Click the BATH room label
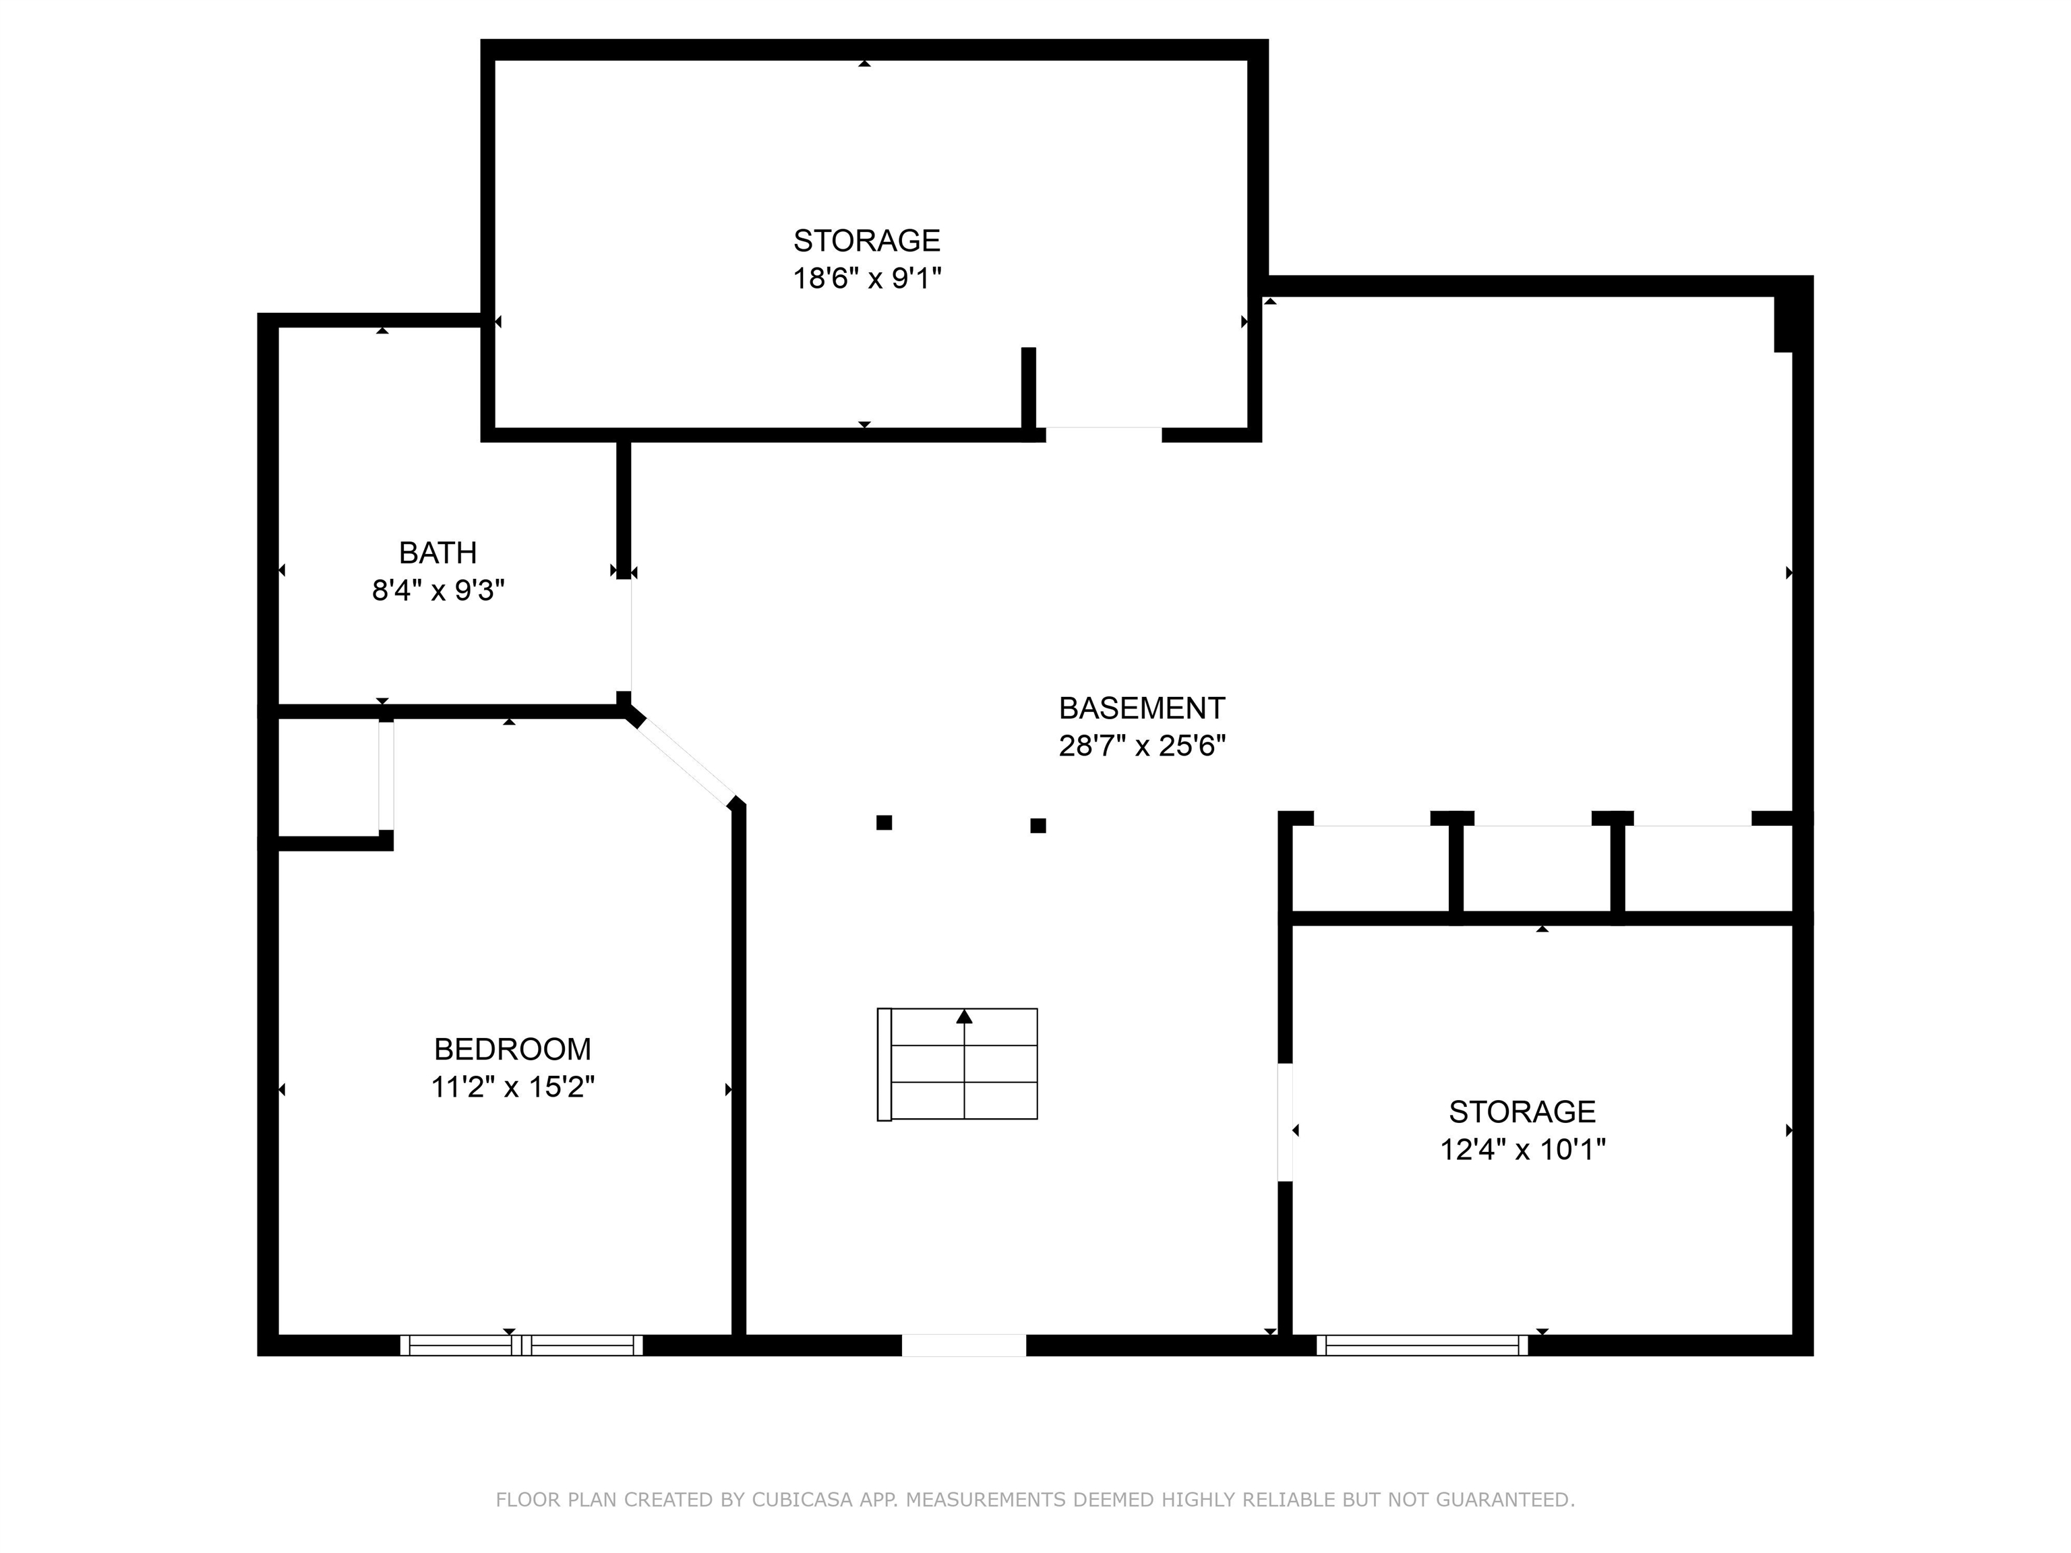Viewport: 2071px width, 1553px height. point(438,553)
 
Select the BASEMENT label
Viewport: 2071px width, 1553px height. point(1141,708)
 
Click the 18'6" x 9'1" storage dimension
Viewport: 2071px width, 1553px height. point(866,279)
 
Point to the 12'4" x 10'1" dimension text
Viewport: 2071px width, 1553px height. point(1522,1149)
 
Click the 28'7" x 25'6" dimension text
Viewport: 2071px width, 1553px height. point(1141,746)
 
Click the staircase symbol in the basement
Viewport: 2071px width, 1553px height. point(957,1064)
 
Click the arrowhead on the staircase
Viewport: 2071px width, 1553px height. point(964,1016)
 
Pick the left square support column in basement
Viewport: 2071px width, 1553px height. point(884,823)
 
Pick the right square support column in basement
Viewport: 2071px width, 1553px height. point(1038,826)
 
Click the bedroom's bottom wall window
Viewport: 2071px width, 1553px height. point(522,1345)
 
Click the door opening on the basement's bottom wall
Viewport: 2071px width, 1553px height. point(963,1345)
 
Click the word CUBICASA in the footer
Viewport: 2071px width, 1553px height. point(802,1500)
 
